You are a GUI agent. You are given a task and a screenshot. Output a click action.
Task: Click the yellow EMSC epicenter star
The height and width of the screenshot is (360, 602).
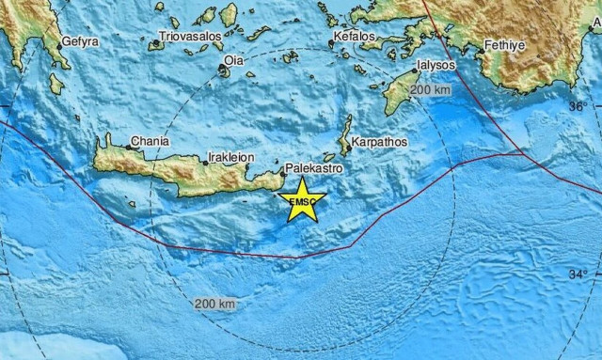pos(303,200)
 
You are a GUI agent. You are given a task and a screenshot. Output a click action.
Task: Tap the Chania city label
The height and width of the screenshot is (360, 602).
pos(150,141)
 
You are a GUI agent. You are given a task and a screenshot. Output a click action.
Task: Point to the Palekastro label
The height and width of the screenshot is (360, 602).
pos(314,166)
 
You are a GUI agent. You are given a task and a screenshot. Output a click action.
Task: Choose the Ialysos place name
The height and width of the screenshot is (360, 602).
pos(437,68)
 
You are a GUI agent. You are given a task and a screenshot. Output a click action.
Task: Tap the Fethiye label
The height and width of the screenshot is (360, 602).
pos(505,44)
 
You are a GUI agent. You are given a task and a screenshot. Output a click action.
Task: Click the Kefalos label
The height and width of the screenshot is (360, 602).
pos(355,39)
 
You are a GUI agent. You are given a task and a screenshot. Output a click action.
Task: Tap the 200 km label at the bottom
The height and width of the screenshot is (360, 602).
pos(214,305)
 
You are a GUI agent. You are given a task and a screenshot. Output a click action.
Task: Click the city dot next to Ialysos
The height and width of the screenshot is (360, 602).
pos(415,70)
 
